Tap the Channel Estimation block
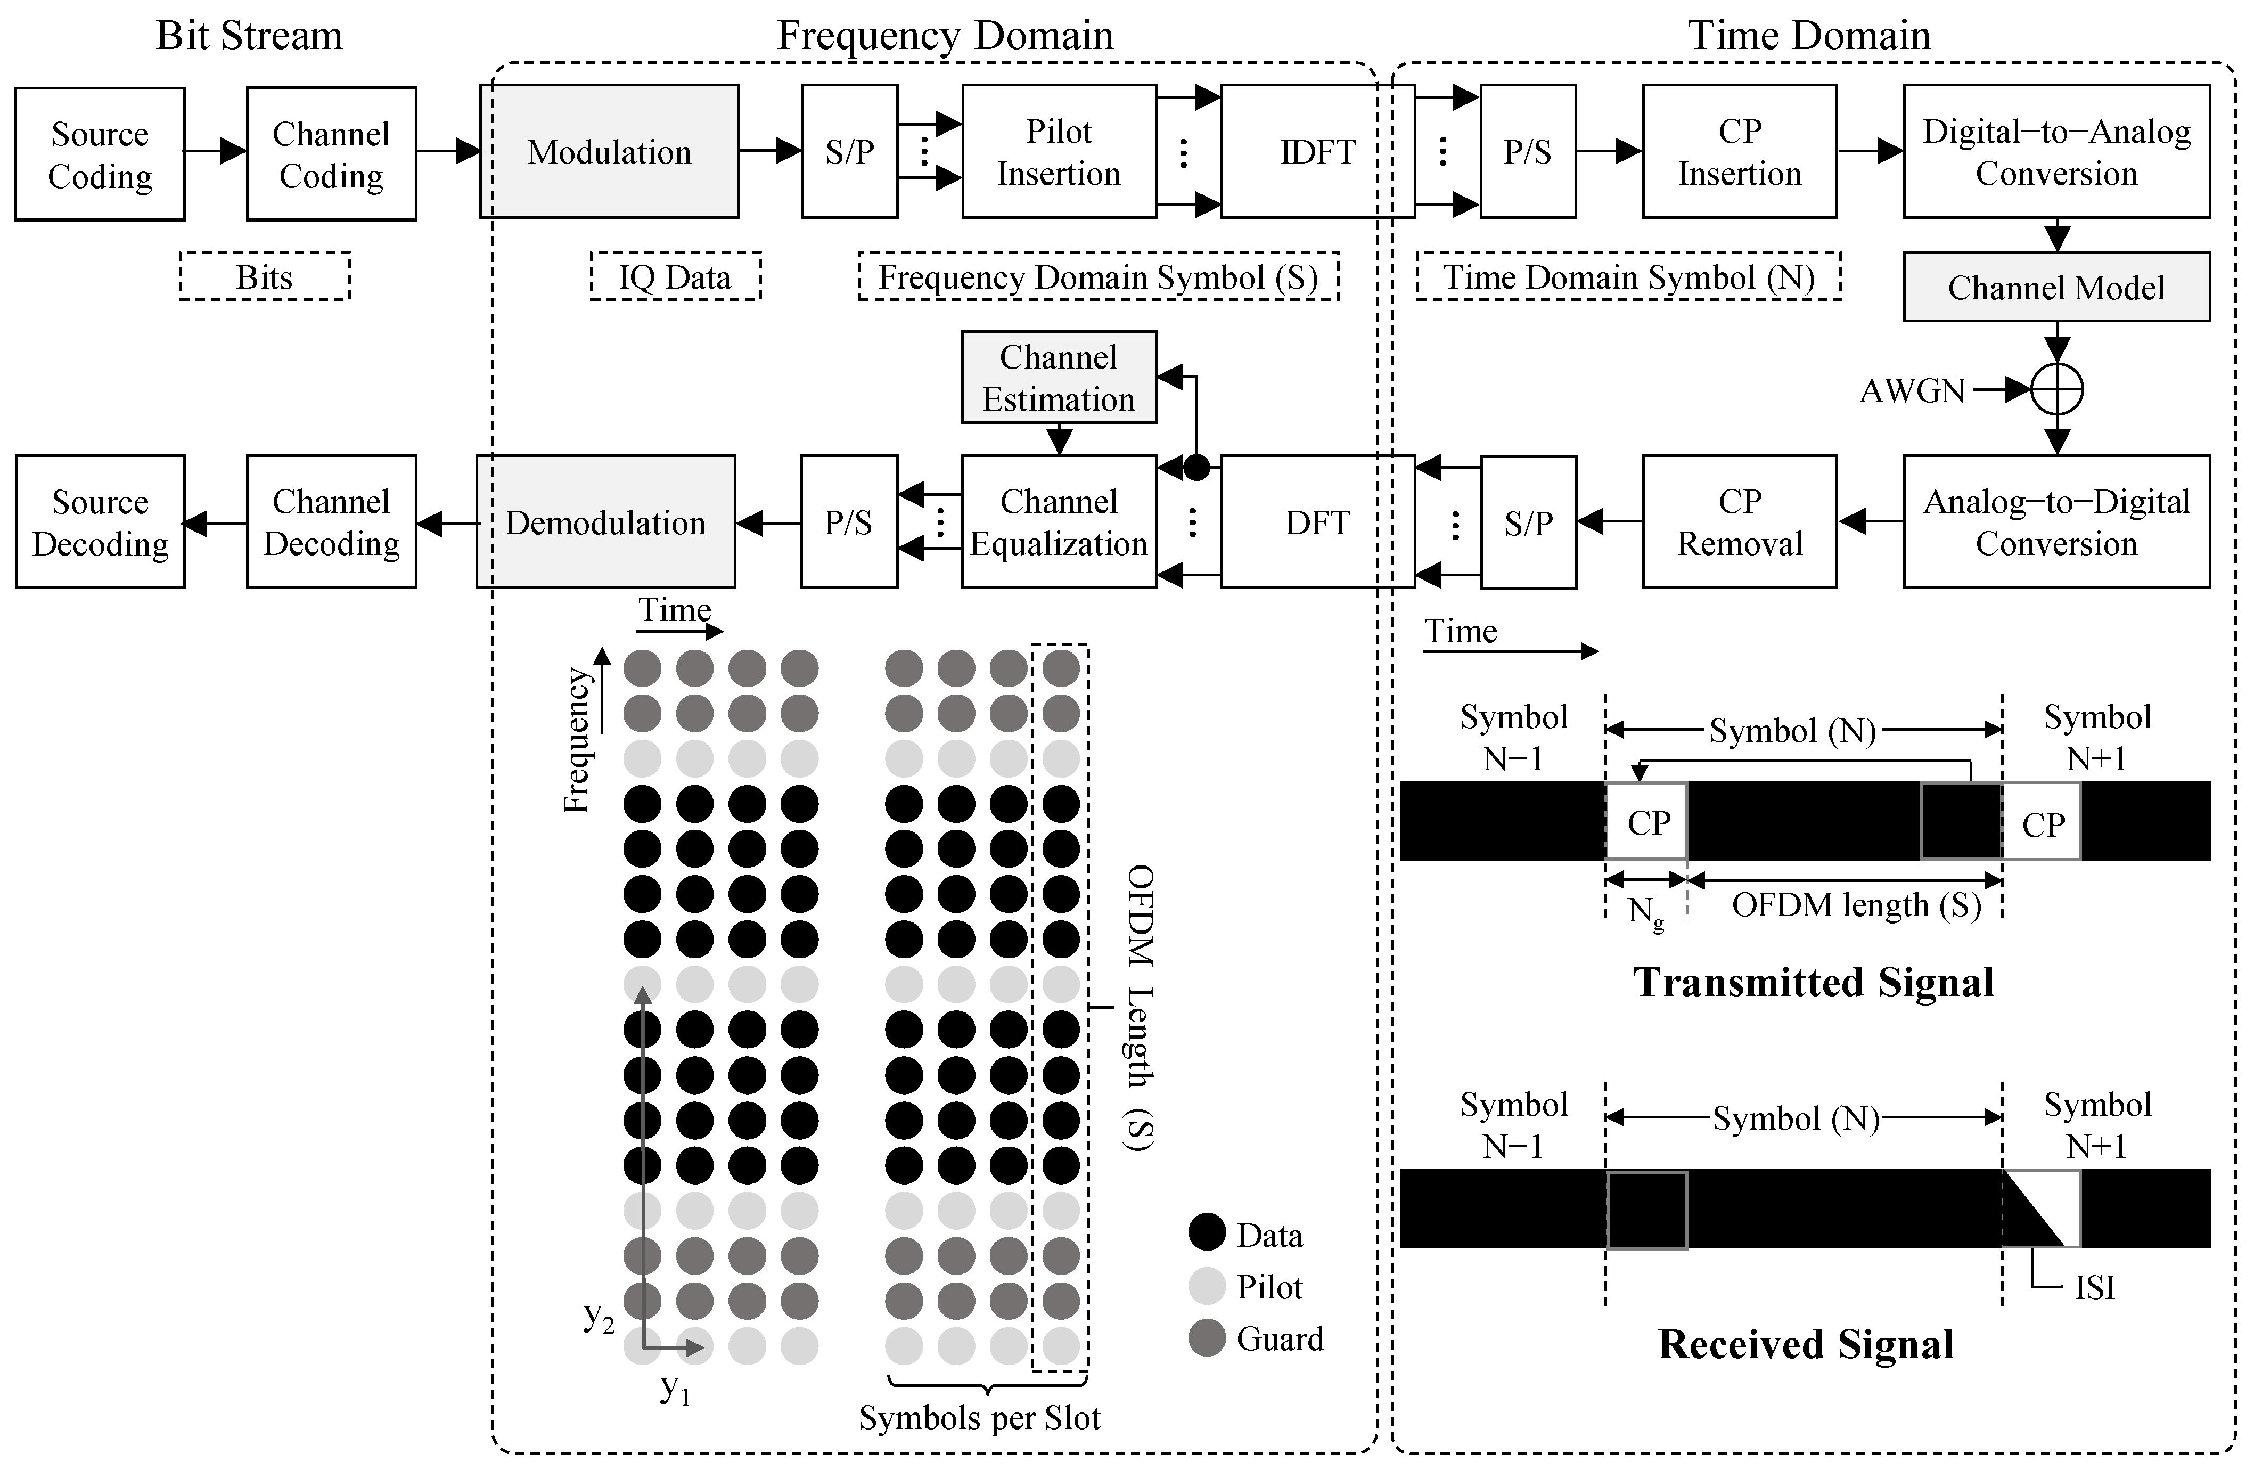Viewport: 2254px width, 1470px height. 1058,377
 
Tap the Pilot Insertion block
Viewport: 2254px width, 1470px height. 1058,152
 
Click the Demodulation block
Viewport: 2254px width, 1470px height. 605,522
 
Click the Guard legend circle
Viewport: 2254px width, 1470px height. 1207,1337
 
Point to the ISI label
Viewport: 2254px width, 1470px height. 2094,1287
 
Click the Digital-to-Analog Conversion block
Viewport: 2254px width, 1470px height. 2056,152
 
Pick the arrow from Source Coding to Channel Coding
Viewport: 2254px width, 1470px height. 215,151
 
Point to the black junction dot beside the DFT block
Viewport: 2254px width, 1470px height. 1197,467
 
